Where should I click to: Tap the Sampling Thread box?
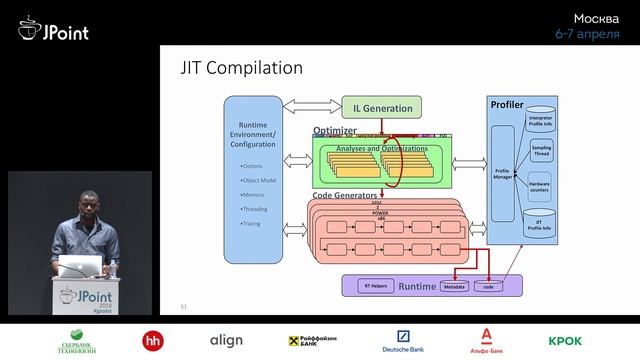(540, 152)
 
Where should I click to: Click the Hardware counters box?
(540, 186)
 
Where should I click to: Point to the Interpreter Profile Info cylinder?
(540, 120)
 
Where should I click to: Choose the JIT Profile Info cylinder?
(540, 224)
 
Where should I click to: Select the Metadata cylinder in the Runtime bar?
(455, 286)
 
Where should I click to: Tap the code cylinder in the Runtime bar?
(488, 286)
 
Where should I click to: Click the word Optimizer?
(335, 130)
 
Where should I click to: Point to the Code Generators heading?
(344, 196)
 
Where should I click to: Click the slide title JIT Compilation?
(240, 68)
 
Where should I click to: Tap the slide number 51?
(183, 306)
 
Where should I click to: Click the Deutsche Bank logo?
(402, 341)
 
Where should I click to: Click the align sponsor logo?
(226, 341)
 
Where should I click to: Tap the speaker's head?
(85, 198)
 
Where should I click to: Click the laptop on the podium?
(80, 266)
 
